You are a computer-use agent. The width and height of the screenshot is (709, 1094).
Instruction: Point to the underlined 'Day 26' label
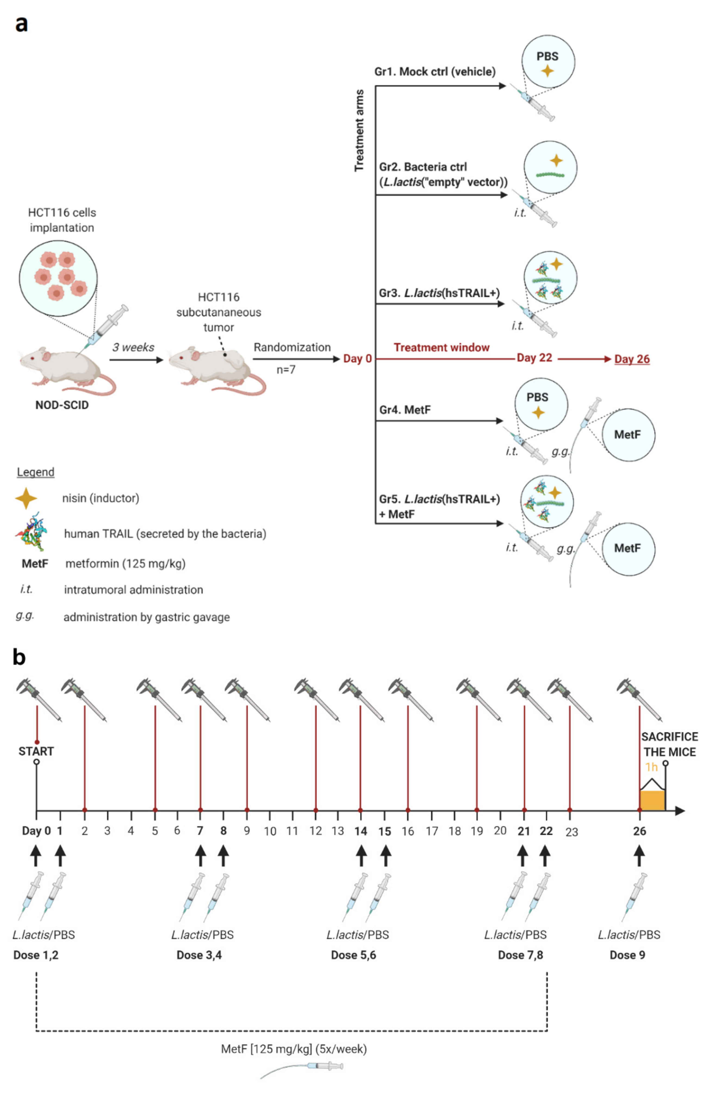coord(632,359)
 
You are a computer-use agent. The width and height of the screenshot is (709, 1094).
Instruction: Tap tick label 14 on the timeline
coord(361,831)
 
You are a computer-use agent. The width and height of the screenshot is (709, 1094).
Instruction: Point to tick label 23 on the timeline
coord(571,832)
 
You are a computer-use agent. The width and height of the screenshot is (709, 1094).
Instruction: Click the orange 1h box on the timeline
coord(652,800)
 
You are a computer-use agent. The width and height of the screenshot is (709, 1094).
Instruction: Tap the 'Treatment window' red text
coord(442,347)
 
